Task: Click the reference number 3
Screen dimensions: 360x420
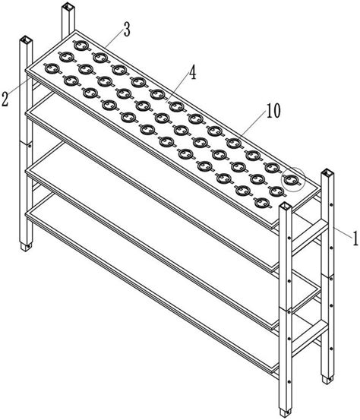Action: [x=127, y=30]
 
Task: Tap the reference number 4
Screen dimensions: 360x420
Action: [x=192, y=73]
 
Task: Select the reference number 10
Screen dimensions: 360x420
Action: [x=273, y=110]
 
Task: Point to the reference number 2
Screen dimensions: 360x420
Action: [x=5, y=99]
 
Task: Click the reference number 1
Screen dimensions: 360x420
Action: [x=355, y=239]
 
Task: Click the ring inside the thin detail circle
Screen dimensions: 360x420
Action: [x=291, y=180]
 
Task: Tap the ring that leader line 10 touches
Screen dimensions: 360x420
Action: [x=234, y=143]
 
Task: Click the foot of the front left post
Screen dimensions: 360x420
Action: [x=27, y=246]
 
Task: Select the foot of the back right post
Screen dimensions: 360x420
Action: [x=328, y=380]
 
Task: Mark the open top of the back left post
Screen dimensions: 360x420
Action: [x=68, y=5]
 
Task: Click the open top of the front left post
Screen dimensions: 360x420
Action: [x=27, y=39]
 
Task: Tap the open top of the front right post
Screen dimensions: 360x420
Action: [x=285, y=206]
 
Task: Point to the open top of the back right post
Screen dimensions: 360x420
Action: [x=327, y=172]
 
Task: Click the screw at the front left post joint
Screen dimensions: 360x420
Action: [x=29, y=146]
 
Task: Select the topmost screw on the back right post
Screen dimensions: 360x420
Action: [x=331, y=205]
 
